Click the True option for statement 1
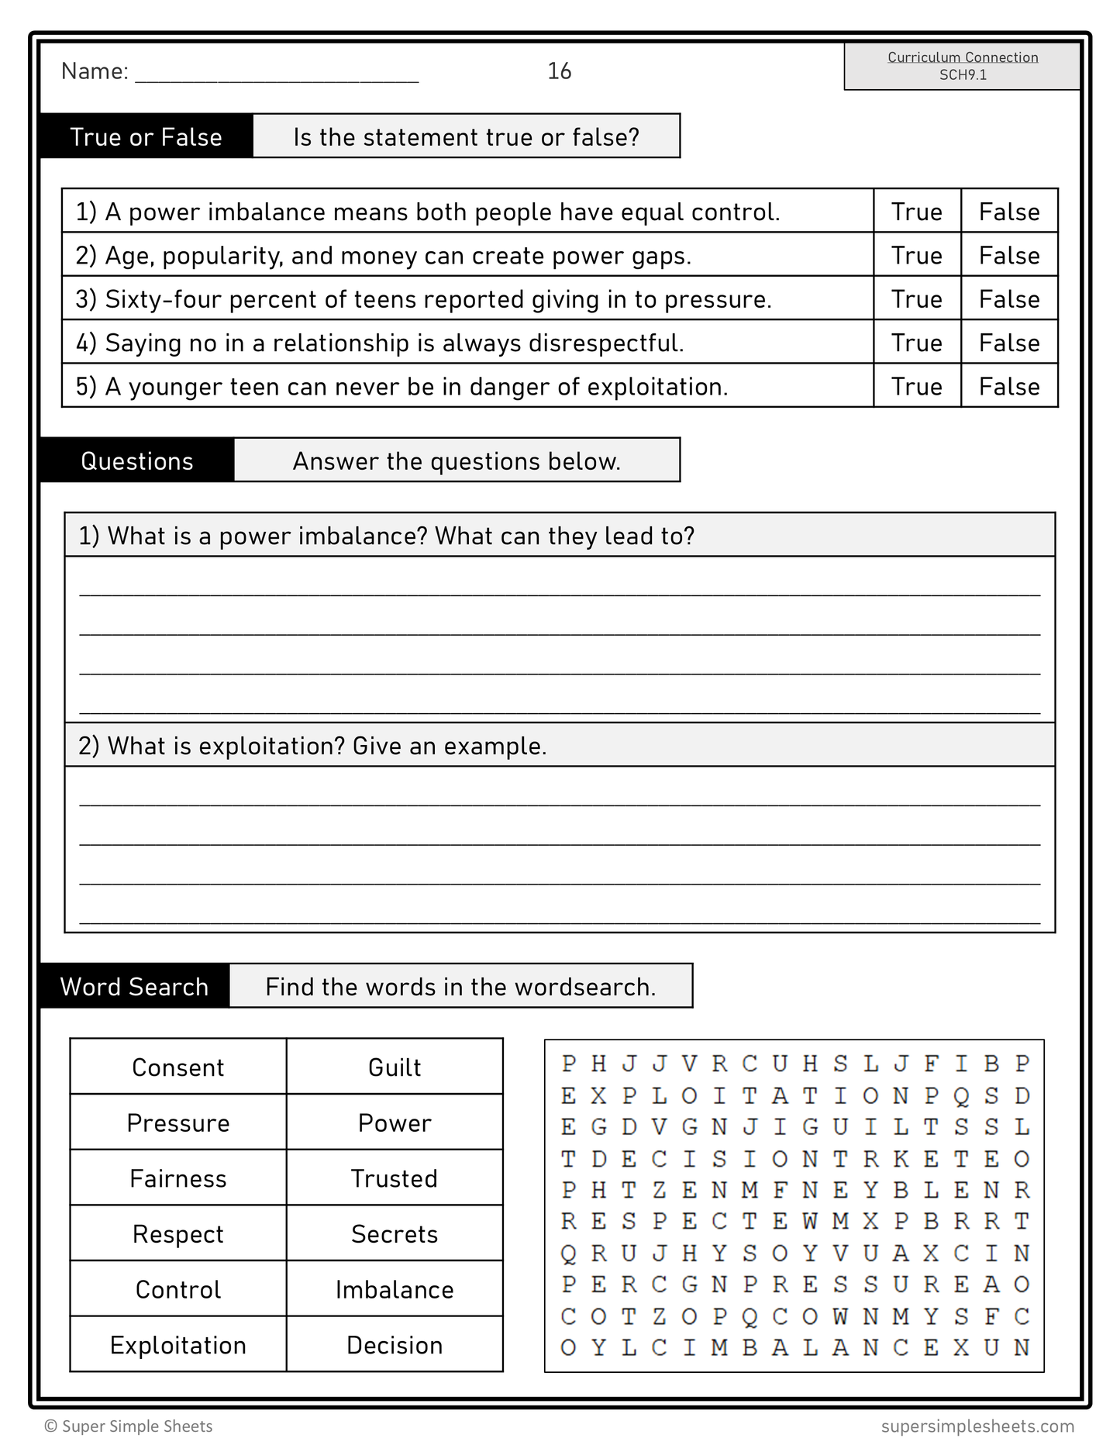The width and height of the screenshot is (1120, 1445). coord(916,212)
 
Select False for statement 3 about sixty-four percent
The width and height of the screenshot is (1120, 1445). coord(1008,299)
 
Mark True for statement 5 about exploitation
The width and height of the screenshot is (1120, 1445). coord(916,386)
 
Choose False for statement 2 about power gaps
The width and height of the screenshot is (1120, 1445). coord(1008,256)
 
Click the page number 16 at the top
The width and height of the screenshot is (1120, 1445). coord(559,71)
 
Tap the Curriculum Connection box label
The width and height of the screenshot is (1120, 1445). coord(962,57)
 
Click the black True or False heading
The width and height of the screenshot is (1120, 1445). coord(146,137)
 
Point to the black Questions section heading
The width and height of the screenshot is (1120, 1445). coord(137,461)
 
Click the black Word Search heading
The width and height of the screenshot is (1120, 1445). coord(134,987)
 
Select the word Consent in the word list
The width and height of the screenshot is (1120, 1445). coord(178,1067)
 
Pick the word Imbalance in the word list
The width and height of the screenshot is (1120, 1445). coord(395,1289)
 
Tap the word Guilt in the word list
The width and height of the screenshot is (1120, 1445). coord(395,1067)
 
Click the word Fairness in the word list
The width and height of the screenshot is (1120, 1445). coord(178,1178)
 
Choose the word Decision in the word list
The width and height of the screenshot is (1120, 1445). coord(395,1345)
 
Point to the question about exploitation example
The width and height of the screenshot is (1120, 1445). coord(312,746)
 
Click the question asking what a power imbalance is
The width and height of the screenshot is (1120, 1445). coord(386,536)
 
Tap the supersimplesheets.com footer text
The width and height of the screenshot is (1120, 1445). coord(977,1426)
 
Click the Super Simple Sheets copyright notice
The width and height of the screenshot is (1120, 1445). coord(129,1426)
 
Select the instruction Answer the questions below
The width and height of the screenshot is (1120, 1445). coord(457,461)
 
